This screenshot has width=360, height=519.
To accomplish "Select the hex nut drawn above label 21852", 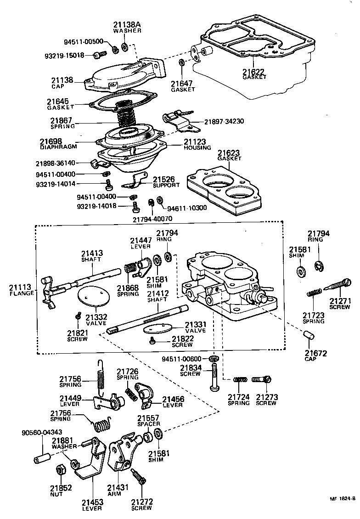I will click(60, 470).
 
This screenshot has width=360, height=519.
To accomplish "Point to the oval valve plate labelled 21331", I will click(157, 329).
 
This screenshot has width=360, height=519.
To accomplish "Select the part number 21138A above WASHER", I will click(127, 24).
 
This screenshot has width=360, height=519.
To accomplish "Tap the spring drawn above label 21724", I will click(240, 379).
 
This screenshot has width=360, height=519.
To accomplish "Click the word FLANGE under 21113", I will click(21, 293).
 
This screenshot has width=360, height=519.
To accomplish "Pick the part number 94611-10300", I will click(187, 208).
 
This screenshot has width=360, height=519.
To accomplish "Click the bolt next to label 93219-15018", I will click(97, 55).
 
